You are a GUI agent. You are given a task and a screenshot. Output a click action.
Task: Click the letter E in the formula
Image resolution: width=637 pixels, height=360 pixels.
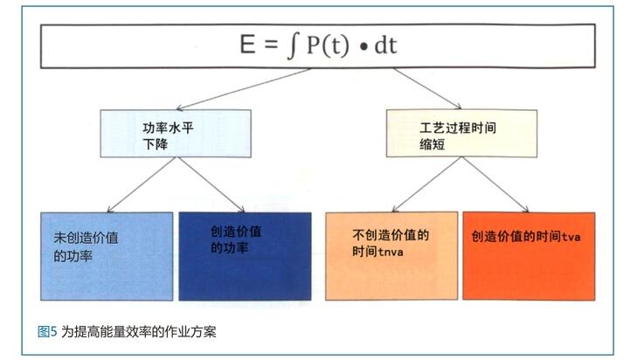[247, 45]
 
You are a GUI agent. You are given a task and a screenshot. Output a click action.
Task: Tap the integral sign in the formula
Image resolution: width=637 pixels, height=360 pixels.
[292, 45]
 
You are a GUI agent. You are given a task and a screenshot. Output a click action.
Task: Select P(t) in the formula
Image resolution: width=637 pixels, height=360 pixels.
[328, 45]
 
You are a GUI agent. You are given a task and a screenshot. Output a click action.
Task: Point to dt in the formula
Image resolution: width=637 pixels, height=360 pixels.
[385, 45]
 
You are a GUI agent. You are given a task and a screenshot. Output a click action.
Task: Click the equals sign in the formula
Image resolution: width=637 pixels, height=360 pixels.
[271, 45]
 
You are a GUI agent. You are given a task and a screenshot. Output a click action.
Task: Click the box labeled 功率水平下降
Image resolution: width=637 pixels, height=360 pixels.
[176, 134]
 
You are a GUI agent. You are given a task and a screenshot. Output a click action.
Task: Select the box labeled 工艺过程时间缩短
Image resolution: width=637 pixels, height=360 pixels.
[461, 134]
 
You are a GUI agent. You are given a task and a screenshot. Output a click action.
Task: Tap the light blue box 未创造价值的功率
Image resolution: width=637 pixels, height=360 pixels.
[107, 256]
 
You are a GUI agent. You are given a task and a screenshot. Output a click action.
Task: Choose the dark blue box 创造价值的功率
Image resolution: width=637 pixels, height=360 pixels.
[245, 256]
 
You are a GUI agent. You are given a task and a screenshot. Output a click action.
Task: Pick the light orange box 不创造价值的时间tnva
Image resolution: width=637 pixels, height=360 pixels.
[391, 256]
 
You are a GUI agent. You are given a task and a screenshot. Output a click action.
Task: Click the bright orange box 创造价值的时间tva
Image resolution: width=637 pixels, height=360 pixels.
[529, 256]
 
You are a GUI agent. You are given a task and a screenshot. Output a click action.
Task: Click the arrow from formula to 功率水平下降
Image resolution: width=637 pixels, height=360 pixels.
[243, 89]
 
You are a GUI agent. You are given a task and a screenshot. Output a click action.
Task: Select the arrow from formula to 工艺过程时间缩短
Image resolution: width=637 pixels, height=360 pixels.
[427, 88]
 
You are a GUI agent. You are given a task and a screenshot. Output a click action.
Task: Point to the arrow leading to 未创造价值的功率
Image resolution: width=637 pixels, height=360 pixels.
[142, 185]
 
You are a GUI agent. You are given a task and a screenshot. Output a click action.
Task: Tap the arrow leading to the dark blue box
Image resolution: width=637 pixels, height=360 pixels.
[211, 185]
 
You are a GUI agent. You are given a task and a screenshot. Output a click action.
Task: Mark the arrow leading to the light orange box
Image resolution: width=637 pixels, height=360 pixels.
[426, 184]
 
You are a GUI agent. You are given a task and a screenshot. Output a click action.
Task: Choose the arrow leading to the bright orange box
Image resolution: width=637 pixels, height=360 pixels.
[495, 184]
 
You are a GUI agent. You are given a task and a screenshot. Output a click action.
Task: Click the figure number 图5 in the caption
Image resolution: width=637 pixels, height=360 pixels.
[47, 331]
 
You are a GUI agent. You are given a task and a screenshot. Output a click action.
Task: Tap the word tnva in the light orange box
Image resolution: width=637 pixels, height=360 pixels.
[391, 253]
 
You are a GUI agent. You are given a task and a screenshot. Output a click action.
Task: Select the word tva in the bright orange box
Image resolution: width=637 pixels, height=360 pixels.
[571, 237]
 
